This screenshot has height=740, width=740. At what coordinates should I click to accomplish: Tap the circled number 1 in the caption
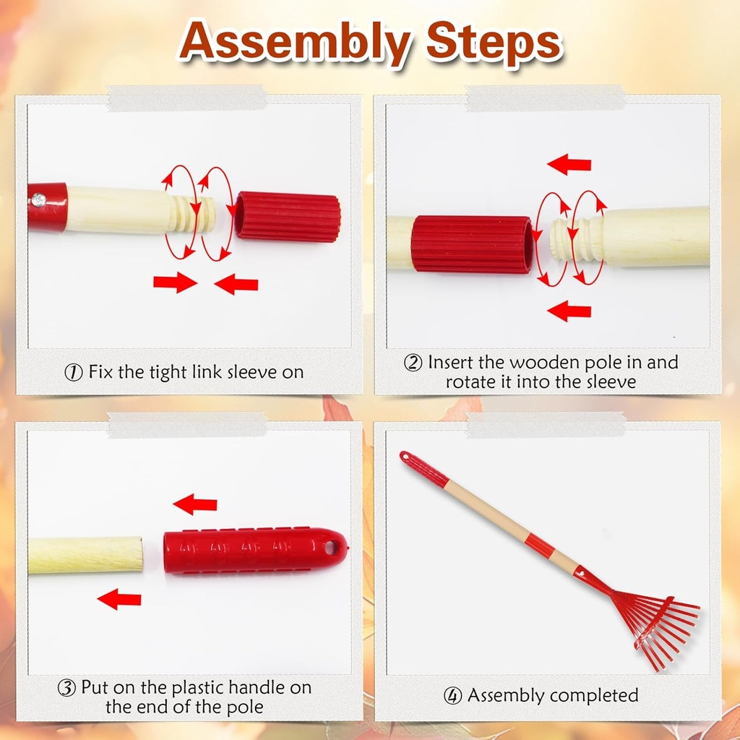point(74,372)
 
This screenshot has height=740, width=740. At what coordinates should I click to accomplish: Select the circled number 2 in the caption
point(413,363)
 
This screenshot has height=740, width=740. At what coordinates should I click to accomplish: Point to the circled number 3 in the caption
point(66,688)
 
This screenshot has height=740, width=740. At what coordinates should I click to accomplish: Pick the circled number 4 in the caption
point(452,695)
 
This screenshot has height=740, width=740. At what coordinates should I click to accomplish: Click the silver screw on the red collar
point(39,200)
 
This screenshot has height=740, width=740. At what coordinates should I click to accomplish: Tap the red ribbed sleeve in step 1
point(288,217)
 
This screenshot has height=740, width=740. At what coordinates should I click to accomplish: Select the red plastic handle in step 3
point(256,550)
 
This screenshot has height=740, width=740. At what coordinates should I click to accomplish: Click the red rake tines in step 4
point(661,630)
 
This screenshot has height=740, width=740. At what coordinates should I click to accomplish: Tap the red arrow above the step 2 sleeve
point(569,165)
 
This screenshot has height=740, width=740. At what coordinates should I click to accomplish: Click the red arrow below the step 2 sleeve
point(569,311)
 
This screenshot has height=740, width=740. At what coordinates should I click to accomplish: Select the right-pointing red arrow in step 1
point(175,283)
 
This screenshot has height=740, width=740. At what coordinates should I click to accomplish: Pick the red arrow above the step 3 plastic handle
point(195,504)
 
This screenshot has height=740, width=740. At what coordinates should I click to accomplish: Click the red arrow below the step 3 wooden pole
point(119,599)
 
